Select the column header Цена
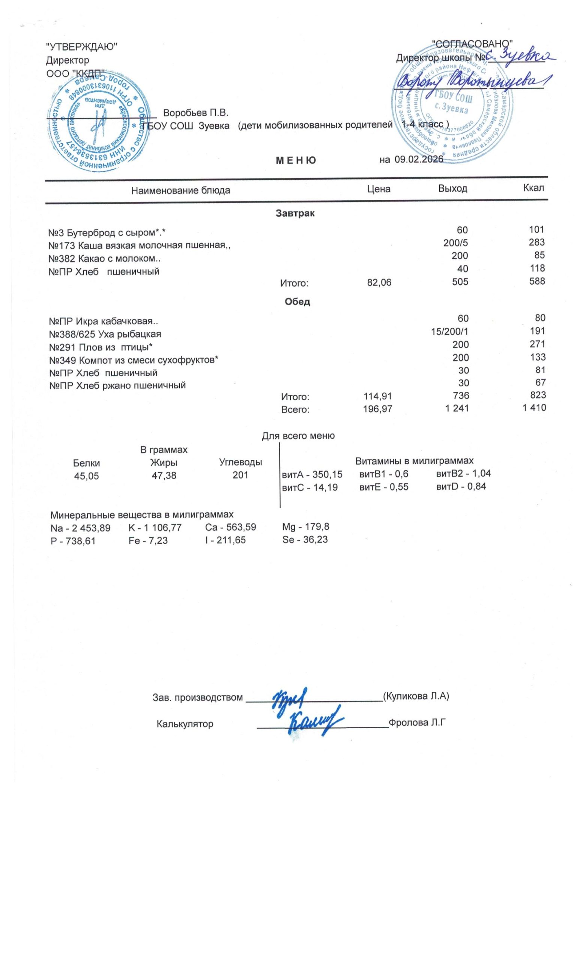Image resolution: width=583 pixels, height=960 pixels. (x=379, y=189)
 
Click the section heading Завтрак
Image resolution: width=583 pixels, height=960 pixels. (x=295, y=213)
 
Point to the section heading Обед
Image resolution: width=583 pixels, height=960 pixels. (x=298, y=301)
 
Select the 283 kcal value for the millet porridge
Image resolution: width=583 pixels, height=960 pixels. (x=536, y=242)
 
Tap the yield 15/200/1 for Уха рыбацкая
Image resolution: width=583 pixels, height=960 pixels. (x=449, y=331)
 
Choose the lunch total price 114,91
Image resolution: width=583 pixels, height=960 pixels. (x=377, y=396)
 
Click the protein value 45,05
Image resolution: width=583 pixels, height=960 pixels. (x=87, y=476)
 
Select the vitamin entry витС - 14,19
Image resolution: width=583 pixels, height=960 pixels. (x=310, y=487)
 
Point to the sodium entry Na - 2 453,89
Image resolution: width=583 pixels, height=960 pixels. (x=80, y=528)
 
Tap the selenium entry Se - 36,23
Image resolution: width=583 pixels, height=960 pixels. (x=305, y=540)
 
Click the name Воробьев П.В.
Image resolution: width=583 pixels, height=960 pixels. (x=195, y=113)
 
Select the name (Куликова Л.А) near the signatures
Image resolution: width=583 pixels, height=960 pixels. (x=416, y=696)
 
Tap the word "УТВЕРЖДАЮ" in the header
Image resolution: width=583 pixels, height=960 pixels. (x=82, y=48)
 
